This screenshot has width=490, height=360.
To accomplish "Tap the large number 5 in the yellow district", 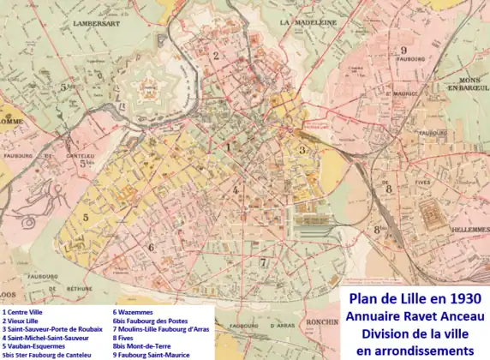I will pos(86,217).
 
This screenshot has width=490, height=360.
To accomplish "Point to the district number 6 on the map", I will pos(152,248).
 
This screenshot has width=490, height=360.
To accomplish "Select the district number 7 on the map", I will pos(263,263).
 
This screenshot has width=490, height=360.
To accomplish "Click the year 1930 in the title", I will pos(457,298).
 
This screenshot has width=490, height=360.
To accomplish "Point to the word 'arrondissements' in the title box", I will pos(415,351).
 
